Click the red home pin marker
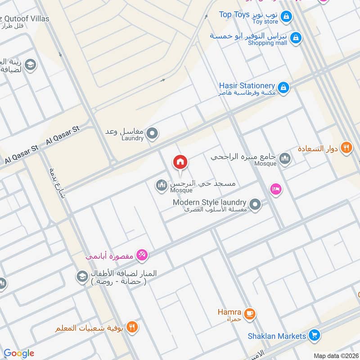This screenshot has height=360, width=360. pyautogui.click(x=180, y=162)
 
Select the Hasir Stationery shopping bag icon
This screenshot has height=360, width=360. pyautogui.click(x=283, y=87)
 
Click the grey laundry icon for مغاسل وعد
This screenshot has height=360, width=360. pyautogui.click(x=153, y=133)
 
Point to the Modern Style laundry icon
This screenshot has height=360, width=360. pyautogui.click(x=255, y=205)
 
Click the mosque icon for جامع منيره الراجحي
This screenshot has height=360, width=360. pyautogui.click(x=285, y=158)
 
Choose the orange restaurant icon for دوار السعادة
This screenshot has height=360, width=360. pyautogui.click(x=346, y=148)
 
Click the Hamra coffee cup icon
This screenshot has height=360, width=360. pyautogui.click(x=250, y=313)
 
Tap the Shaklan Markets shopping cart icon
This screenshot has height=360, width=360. pyautogui.click(x=315, y=335)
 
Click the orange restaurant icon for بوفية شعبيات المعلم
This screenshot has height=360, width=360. pyautogui.click(x=131, y=327)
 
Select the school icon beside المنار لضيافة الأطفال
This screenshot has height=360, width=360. pyautogui.click(x=82, y=275)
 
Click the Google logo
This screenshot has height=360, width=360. pyautogui.click(x=19, y=353)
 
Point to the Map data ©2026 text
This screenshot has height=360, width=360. pyautogui.click(x=336, y=356)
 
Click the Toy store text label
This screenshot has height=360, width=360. pyautogui.click(x=265, y=22)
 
